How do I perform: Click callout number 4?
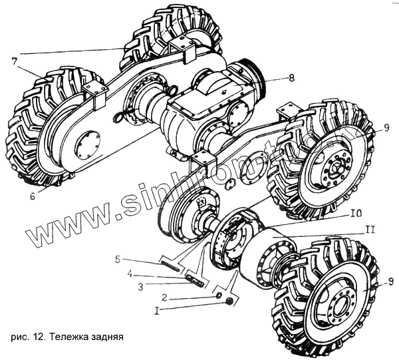coord(132,272)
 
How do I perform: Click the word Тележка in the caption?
coord(71,336)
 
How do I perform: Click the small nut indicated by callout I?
coord(229,302)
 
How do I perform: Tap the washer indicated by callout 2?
coord(218,293)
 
